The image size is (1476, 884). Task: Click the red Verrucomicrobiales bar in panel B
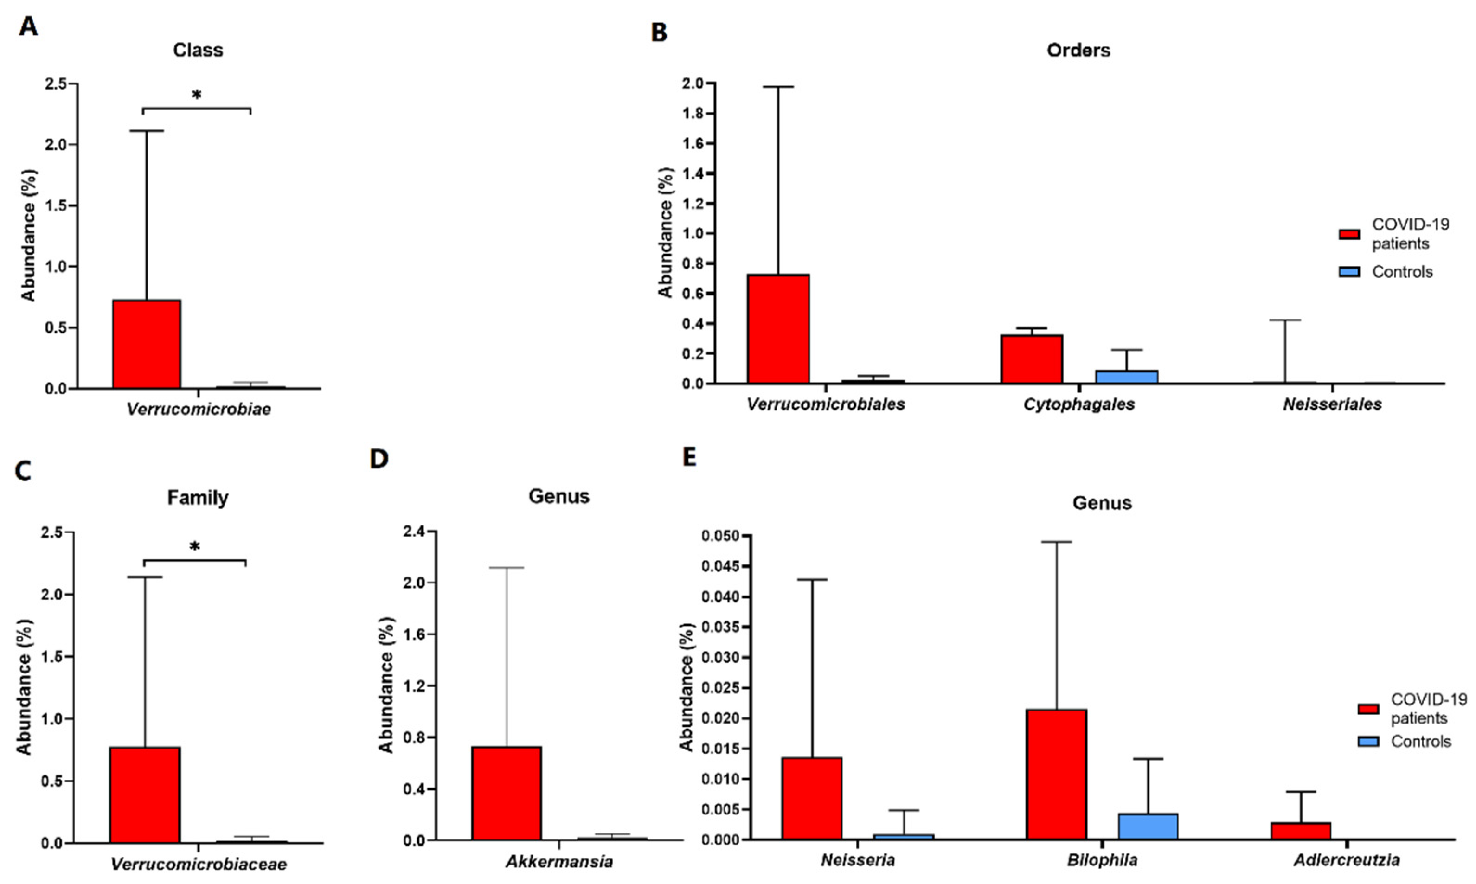(778, 329)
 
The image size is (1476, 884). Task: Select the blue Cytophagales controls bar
(1126, 377)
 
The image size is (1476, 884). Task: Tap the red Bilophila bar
(1056, 775)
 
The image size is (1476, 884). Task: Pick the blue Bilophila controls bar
(1148, 826)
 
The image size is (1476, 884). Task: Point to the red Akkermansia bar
(506, 793)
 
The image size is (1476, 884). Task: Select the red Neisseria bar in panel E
(812, 798)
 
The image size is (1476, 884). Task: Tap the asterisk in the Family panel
(195, 547)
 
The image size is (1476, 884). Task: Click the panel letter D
(379, 459)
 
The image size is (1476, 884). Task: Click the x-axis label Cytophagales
(1079, 404)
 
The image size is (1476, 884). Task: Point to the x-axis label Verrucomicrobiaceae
(199, 864)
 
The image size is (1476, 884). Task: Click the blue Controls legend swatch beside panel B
(1349, 272)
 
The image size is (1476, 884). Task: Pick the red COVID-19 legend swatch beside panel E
(1368, 709)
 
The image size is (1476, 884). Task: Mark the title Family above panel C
(197, 497)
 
